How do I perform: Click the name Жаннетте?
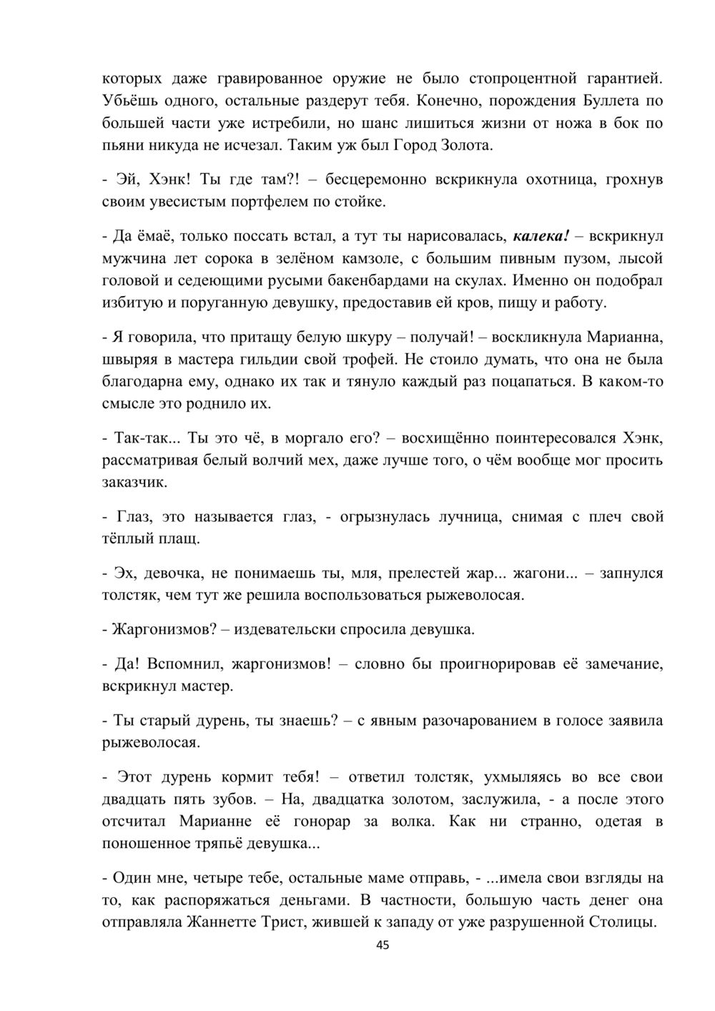tap(225, 922)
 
